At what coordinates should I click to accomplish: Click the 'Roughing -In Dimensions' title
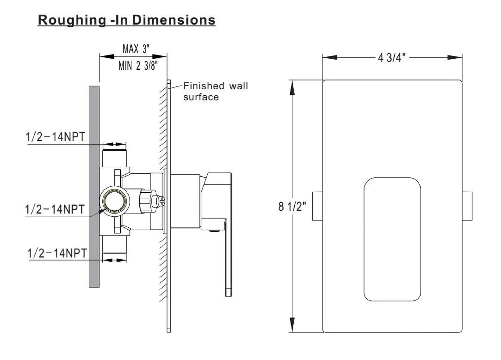pyautogui.click(x=127, y=20)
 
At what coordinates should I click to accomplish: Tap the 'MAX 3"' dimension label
pyautogui.click(x=136, y=49)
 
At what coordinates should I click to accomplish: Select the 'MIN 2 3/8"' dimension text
pyautogui.click(x=138, y=66)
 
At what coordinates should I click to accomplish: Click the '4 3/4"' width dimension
pyautogui.click(x=392, y=58)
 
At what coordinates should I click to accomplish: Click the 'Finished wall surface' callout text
pyautogui.click(x=216, y=91)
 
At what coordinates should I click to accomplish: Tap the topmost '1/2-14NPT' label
pyautogui.click(x=55, y=137)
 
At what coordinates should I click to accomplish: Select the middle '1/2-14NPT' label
pyautogui.click(x=54, y=209)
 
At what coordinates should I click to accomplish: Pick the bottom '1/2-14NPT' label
pyautogui.click(x=57, y=253)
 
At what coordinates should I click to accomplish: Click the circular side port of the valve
pyautogui.click(x=114, y=201)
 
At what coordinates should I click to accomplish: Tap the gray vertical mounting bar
pyautogui.click(x=94, y=187)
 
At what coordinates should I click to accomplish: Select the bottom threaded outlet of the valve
pyautogui.click(x=114, y=244)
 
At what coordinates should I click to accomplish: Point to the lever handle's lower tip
pyautogui.click(x=228, y=293)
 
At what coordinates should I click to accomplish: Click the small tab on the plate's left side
pyautogui.click(x=317, y=206)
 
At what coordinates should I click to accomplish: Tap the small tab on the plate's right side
pyautogui.click(x=467, y=206)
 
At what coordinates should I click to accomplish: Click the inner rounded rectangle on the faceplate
pyautogui.click(x=392, y=239)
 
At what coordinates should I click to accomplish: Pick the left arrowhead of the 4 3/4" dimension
pyautogui.click(x=330, y=58)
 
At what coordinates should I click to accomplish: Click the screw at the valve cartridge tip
pyautogui.click(x=161, y=201)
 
